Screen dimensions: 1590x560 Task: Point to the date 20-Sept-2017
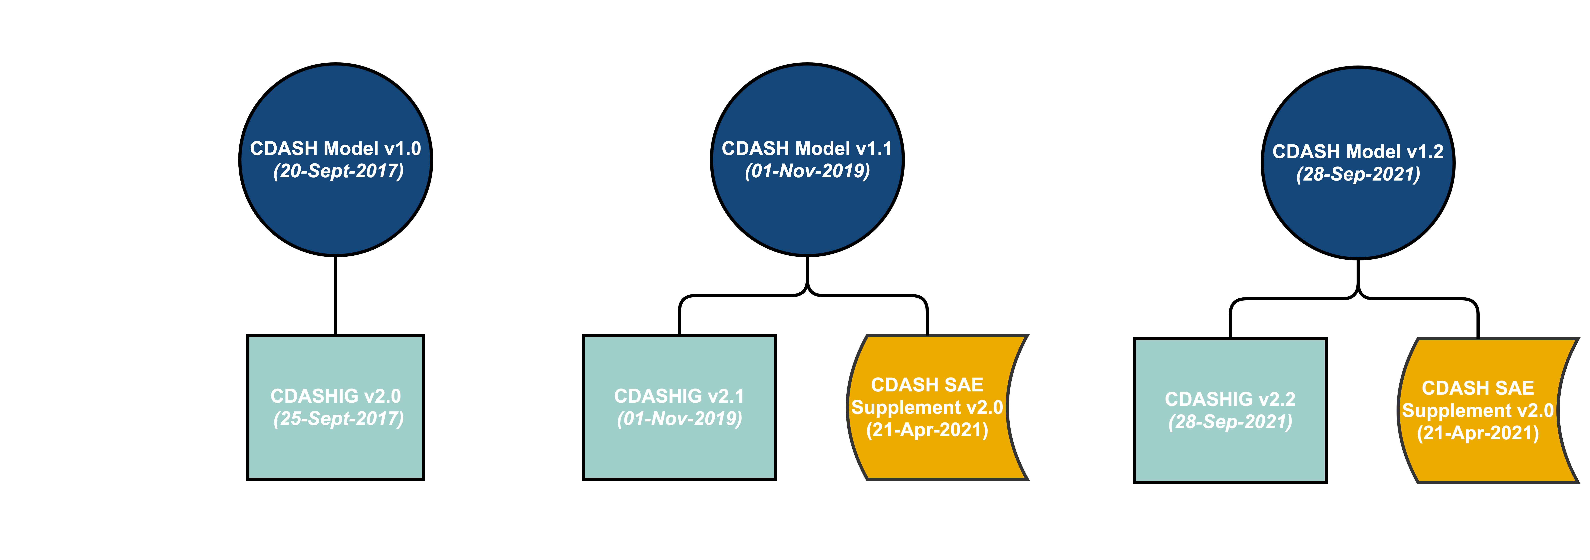coord(338,171)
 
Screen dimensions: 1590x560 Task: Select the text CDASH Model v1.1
coord(807,149)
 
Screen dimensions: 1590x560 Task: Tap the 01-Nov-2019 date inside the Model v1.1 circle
coord(807,171)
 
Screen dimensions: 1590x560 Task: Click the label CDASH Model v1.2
coord(1358,152)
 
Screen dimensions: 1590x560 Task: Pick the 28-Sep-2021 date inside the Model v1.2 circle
coord(1358,174)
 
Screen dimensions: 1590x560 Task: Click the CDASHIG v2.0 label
coord(336,396)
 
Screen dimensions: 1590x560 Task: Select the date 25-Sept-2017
coord(338,419)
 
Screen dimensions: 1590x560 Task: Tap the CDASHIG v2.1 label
coord(679,396)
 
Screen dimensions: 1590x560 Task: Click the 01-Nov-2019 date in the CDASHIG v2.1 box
coord(679,419)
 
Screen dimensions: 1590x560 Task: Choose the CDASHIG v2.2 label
coord(1230,399)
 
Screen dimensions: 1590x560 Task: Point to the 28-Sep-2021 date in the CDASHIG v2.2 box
coord(1230,422)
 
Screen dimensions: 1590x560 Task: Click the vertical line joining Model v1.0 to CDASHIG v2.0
coord(336,295)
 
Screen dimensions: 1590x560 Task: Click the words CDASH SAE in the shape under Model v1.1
coord(927,385)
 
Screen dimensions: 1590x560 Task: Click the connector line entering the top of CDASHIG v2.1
coord(679,316)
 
